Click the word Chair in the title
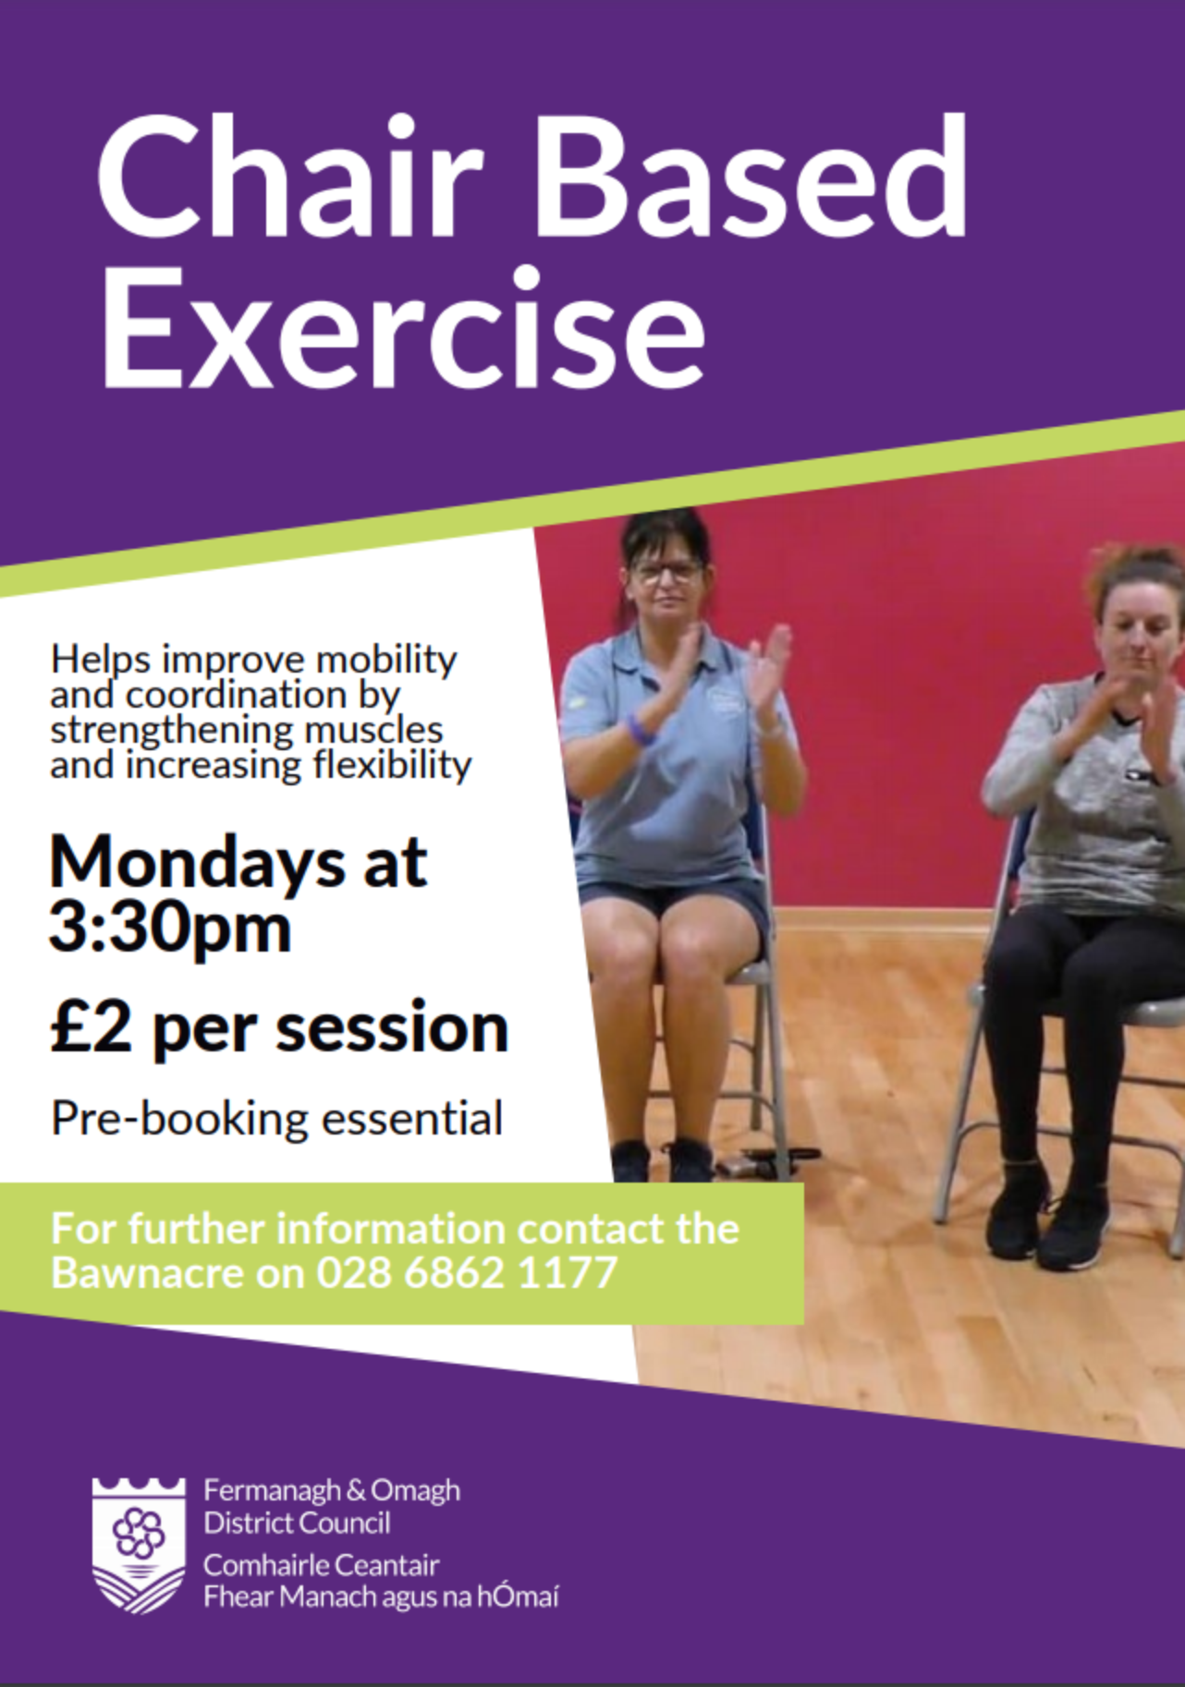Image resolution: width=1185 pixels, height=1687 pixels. click(289, 177)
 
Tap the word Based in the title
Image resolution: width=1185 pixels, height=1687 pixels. click(751, 177)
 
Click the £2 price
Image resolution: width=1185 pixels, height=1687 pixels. click(91, 1027)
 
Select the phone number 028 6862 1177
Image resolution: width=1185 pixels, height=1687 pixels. click(467, 1273)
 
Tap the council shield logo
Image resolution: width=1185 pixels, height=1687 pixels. click(139, 1545)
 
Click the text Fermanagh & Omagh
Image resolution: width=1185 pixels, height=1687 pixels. click(332, 1490)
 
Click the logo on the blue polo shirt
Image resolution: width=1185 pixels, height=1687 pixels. click(727, 699)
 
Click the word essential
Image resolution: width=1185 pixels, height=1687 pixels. click(411, 1119)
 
